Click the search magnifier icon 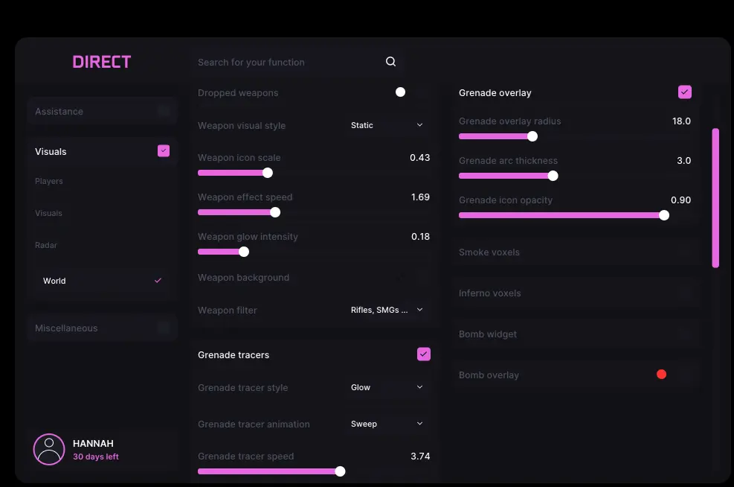(x=391, y=62)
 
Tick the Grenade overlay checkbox (x=685, y=92)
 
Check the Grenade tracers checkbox (x=424, y=354)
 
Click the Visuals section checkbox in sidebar (x=164, y=151)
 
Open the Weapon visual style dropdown (x=387, y=125)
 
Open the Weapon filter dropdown (x=387, y=310)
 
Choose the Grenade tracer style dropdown (x=387, y=387)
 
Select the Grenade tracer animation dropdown (x=387, y=424)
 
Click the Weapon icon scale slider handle (x=268, y=173)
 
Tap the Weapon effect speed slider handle (x=275, y=212)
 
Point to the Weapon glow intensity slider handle (x=244, y=252)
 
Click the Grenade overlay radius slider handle (x=532, y=136)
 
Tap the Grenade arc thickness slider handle (x=553, y=176)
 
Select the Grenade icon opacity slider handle (x=664, y=215)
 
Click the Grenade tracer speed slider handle (x=341, y=471)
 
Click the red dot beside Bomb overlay (x=661, y=375)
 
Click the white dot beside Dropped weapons (x=400, y=92)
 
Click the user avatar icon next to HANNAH (x=49, y=449)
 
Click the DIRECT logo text (x=102, y=62)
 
